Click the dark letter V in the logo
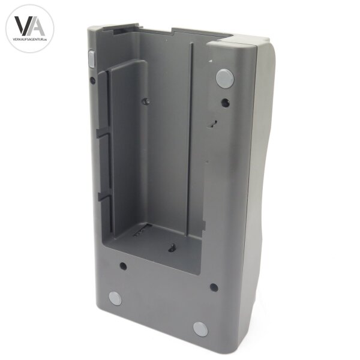[x=21, y=25]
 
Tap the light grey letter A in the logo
[x=37, y=26]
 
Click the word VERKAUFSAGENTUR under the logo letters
[x=28, y=40]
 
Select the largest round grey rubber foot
[x=225, y=78]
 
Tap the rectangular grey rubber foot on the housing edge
[x=91, y=59]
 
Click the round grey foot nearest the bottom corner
[x=200, y=329]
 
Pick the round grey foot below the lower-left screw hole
[x=115, y=298]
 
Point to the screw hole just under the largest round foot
[x=225, y=103]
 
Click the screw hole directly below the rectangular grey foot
[x=92, y=80]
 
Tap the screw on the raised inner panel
[x=145, y=101]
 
